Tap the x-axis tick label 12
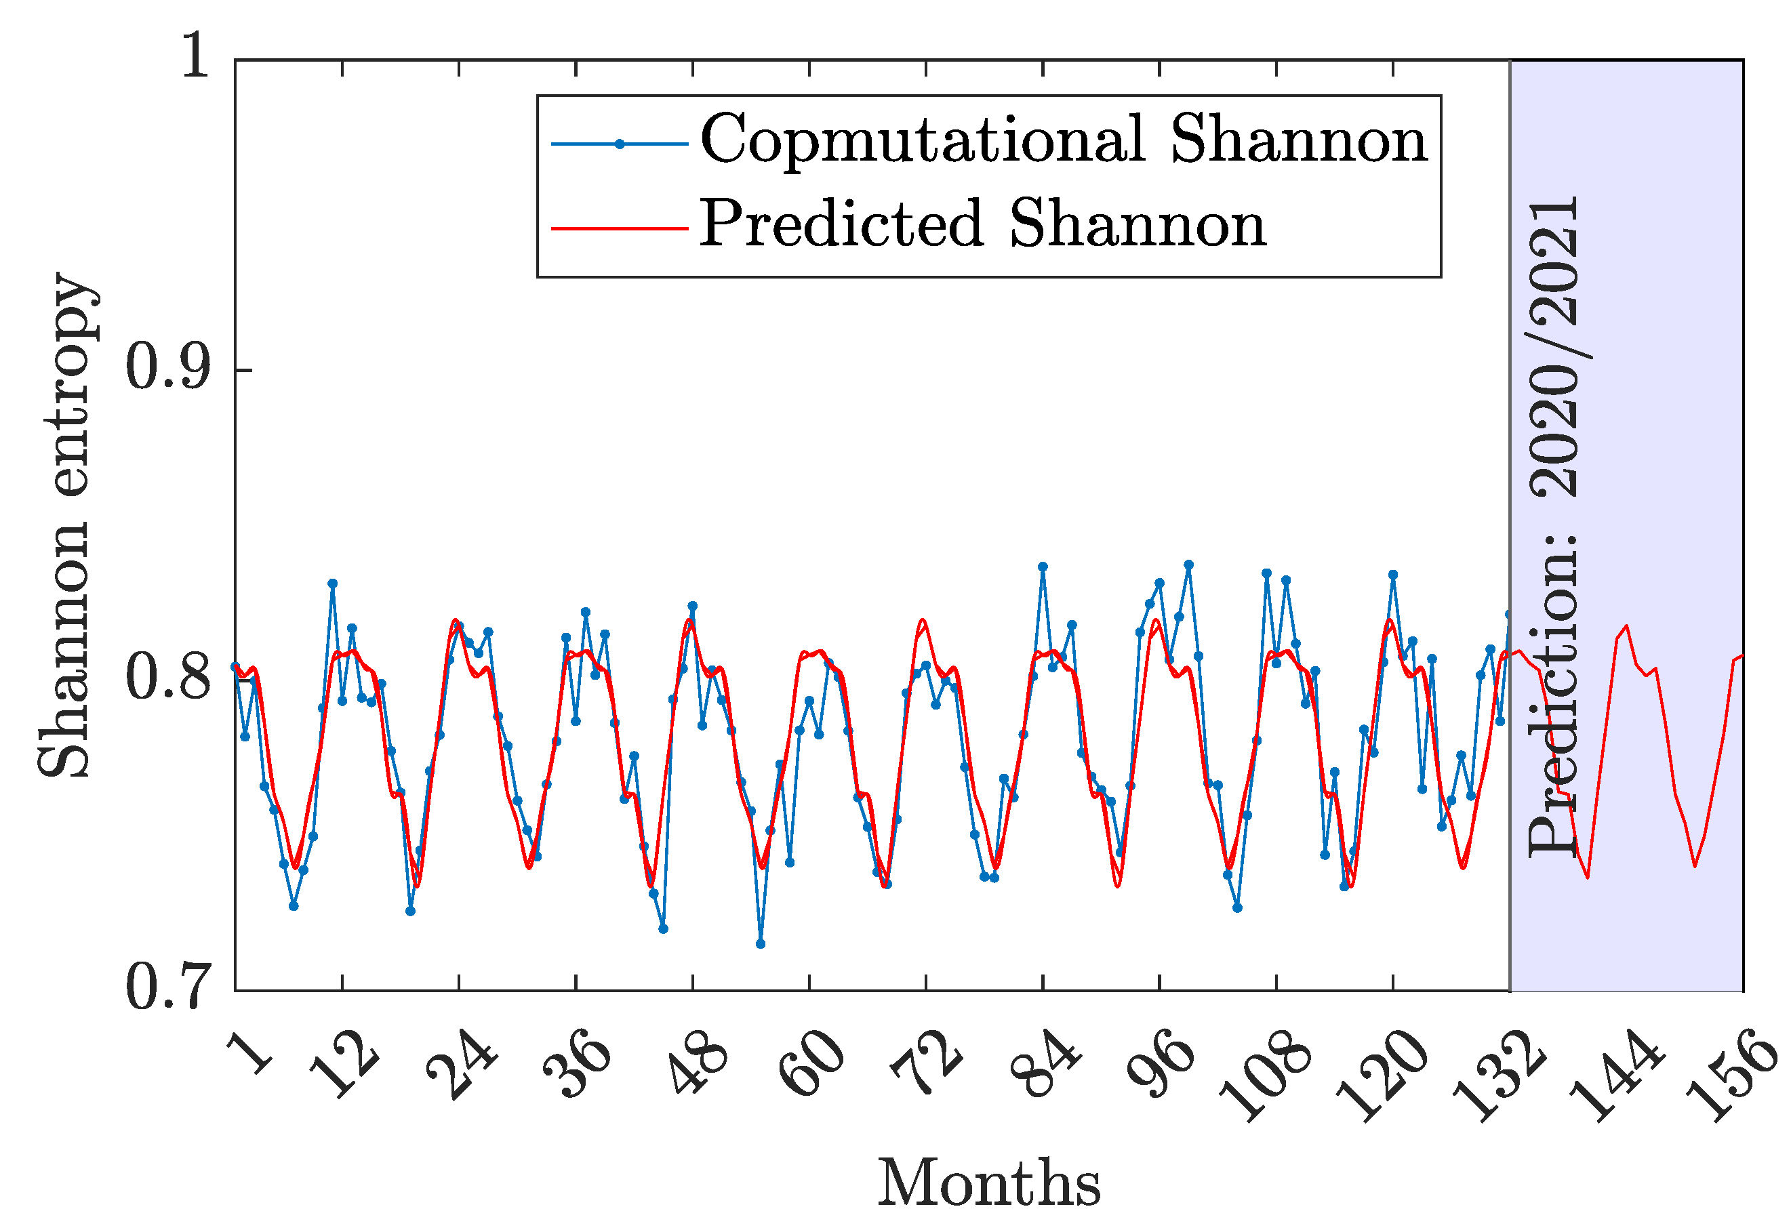tap(346, 1066)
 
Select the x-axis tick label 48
tap(697, 1066)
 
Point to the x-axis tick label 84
tap(1047, 1066)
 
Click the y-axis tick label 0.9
tap(168, 369)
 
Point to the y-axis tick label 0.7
tap(168, 988)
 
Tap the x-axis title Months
tap(989, 1183)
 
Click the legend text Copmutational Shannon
tap(1064, 139)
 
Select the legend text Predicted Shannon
tap(983, 224)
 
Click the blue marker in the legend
tap(619, 144)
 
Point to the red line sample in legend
tap(619, 228)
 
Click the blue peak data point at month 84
tap(1043, 567)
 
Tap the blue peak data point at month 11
tap(332, 583)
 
